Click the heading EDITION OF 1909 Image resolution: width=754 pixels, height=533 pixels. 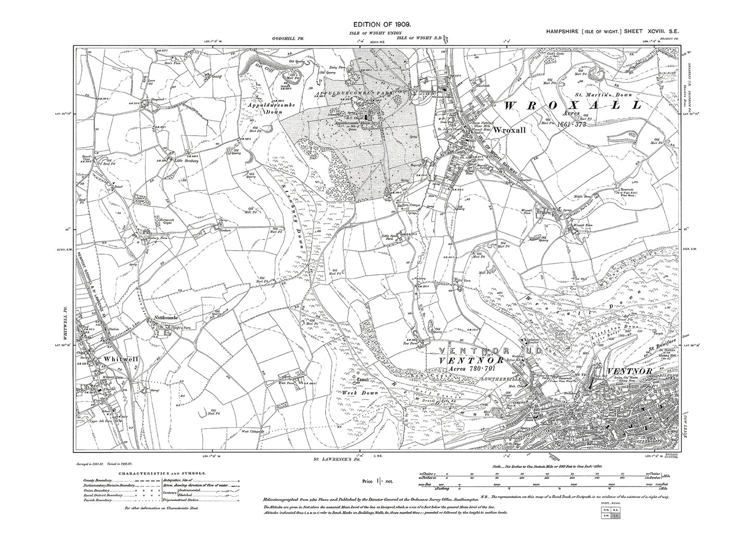coord(376,25)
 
